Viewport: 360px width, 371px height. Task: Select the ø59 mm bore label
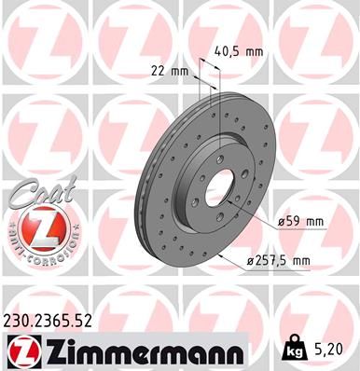tap(300, 222)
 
